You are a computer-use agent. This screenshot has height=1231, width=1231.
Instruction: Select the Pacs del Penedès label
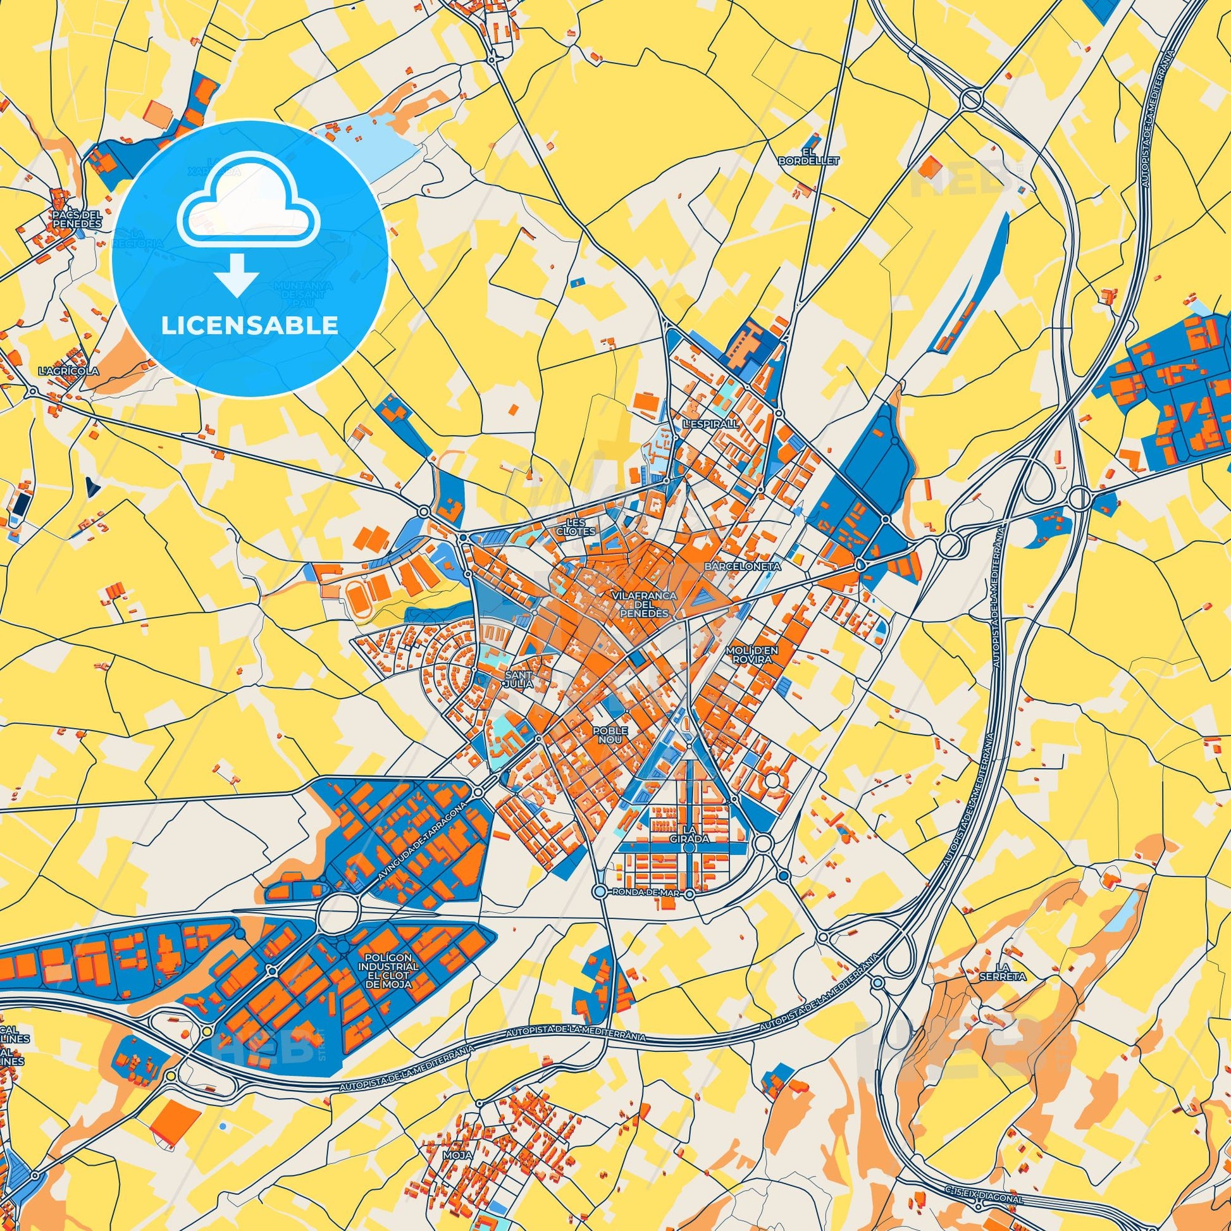[77, 220]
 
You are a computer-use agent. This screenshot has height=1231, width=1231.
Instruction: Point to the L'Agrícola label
[68, 370]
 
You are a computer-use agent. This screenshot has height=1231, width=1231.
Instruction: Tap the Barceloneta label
[733, 565]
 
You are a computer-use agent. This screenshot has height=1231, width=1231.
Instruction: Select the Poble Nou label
[610, 734]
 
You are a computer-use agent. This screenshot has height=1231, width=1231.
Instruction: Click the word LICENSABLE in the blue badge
[250, 326]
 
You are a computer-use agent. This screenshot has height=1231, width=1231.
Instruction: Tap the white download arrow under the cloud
[236, 276]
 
